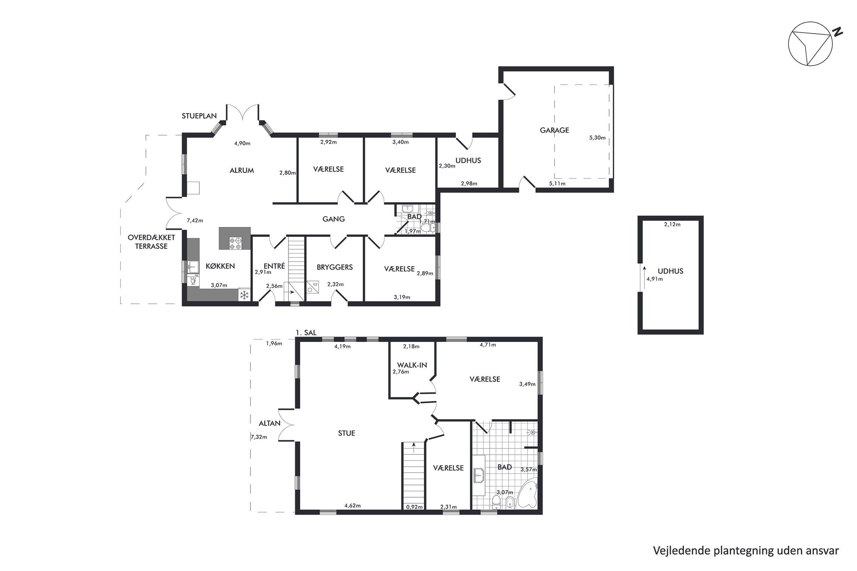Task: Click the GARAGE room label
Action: point(554,130)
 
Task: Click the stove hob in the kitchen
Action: point(235,243)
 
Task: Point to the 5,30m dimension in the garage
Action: point(597,138)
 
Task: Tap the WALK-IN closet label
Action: point(412,365)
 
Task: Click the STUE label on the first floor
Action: point(346,433)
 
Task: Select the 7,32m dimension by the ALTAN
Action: point(259,437)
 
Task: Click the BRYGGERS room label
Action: point(335,267)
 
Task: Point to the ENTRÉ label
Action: point(274,266)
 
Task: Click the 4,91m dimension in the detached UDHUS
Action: point(655,279)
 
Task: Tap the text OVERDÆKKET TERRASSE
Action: point(151,242)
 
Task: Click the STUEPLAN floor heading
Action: point(199,116)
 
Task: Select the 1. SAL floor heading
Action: point(306,332)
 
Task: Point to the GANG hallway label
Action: point(334,219)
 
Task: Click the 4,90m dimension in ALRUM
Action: point(242,143)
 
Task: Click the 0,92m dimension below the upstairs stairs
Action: point(414,506)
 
